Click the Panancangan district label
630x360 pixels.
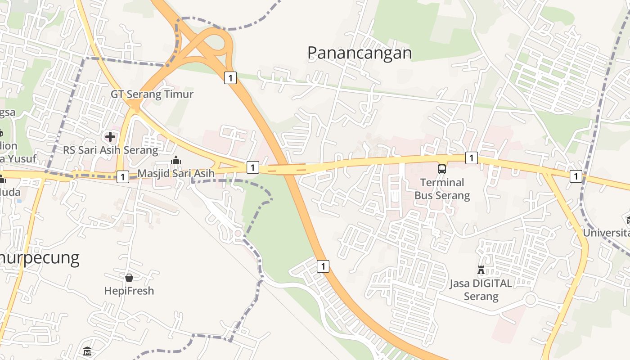[359, 53]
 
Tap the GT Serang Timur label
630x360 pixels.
[152, 94]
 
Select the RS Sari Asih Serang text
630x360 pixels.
[110, 150]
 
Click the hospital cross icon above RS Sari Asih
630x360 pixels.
[110, 136]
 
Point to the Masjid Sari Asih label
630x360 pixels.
[175, 173]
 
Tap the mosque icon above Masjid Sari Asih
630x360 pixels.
[175, 160]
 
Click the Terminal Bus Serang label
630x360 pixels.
[442, 189]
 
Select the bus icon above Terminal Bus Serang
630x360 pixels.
[442, 169]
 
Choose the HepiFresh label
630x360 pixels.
[129, 291]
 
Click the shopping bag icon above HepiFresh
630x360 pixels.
[129, 277]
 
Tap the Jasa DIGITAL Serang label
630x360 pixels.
[481, 290]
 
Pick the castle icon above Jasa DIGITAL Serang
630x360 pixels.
[481, 270]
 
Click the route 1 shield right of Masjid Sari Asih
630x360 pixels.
[253, 167]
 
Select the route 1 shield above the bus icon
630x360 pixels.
[471, 158]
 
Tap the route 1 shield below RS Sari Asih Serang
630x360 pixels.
[122, 176]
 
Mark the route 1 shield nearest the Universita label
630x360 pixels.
[576, 176]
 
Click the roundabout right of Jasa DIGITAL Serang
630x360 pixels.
[531, 300]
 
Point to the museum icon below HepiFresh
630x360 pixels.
[87, 351]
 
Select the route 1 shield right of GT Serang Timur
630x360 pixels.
[230, 77]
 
